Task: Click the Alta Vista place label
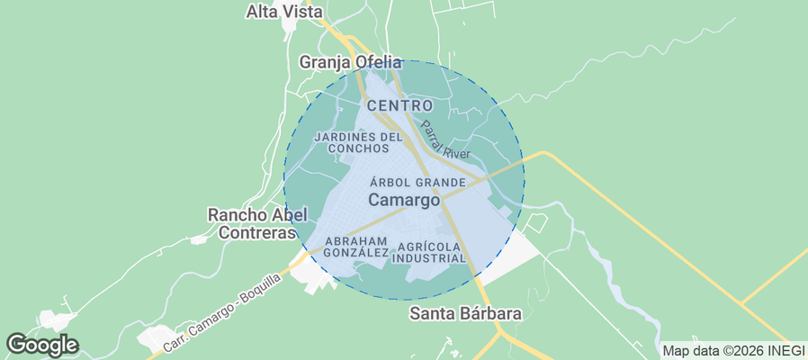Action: pyautogui.click(x=283, y=12)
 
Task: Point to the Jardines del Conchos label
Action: pyautogui.click(x=358, y=142)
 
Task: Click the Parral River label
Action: pyautogui.click(x=445, y=141)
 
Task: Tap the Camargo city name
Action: pyautogui.click(x=404, y=200)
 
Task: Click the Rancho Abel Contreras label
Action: pyautogui.click(x=257, y=223)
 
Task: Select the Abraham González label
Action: pyautogui.click(x=355, y=247)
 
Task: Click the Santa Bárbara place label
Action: pyautogui.click(x=465, y=314)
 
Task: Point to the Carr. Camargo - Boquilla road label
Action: pyautogui.click(x=223, y=312)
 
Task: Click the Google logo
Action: pyautogui.click(x=42, y=344)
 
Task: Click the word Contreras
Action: pyautogui.click(x=257, y=232)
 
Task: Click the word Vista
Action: pyautogui.click(x=303, y=12)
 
